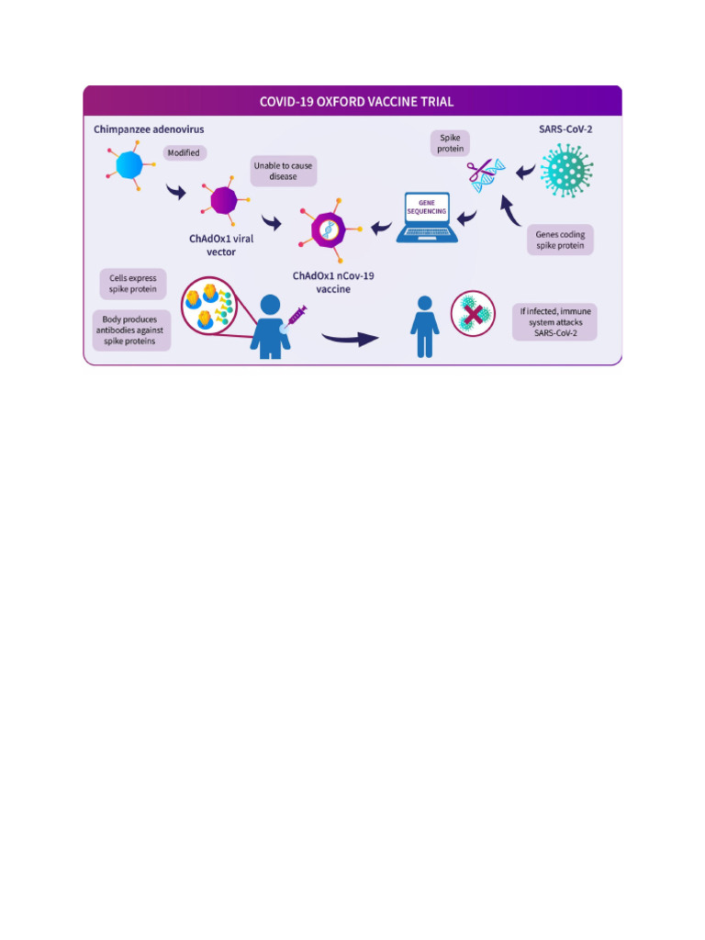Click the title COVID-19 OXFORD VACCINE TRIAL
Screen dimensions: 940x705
click(356, 101)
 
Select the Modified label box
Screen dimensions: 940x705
click(183, 152)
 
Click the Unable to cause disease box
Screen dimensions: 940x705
click(283, 171)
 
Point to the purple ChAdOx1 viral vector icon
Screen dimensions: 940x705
click(223, 199)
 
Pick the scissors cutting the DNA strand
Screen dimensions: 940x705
click(479, 171)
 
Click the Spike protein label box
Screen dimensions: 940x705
click(450, 143)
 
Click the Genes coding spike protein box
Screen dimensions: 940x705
click(560, 241)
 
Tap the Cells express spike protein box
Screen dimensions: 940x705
click(132, 284)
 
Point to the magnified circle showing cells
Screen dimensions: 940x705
click(209, 306)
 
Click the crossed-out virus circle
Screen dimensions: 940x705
click(474, 315)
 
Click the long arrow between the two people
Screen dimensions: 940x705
click(350, 339)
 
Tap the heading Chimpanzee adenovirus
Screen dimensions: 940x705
click(149, 129)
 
